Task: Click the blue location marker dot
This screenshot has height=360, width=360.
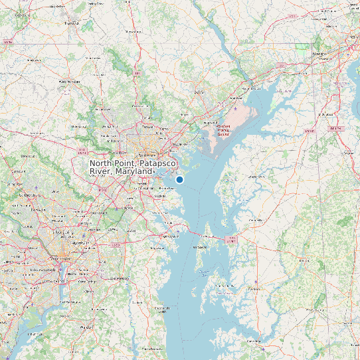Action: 179,179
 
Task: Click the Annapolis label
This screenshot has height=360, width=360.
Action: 171,236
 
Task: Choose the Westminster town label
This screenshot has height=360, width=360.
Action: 68,81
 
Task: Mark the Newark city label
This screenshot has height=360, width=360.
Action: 319,52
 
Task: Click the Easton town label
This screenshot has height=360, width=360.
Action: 254,289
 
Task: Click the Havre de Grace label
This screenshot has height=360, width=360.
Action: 248,88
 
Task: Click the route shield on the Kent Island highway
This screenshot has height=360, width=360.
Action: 230,238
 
